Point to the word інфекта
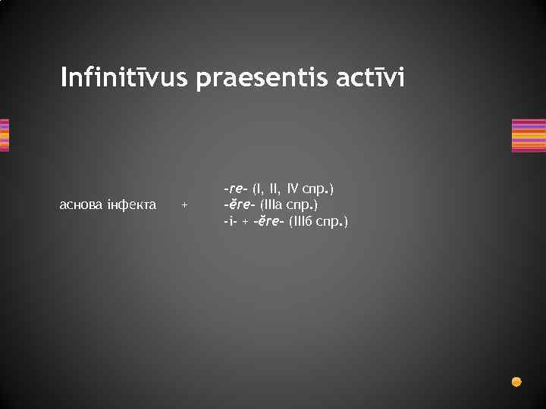pyautogui.click(x=133, y=204)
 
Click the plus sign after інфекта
pyautogui.click(x=184, y=205)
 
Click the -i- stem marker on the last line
pyautogui.click(x=230, y=221)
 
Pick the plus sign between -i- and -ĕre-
pyautogui.click(x=245, y=222)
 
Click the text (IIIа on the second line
pyautogui.click(x=275, y=204)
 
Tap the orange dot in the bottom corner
pyautogui.click(x=516, y=381)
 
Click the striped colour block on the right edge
pyautogui.click(x=529, y=136)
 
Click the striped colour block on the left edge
pyautogui.click(x=4, y=136)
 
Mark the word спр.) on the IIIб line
pyautogui.click(x=334, y=221)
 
